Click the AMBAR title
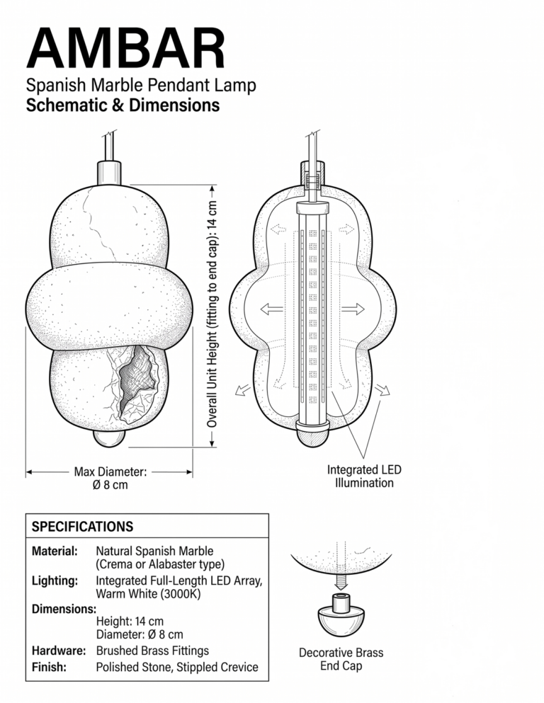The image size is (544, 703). (x=125, y=48)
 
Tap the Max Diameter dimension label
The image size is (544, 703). (x=110, y=478)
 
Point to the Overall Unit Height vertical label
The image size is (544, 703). (x=212, y=314)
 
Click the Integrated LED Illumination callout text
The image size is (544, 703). (x=364, y=476)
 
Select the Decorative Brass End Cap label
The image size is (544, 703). (x=341, y=659)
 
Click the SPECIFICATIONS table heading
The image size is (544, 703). (x=82, y=526)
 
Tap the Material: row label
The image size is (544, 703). (x=55, y=551)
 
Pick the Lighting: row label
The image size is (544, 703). (x=55, y=581)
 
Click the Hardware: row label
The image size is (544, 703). (x=59, y=651)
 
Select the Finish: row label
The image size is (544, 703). (x=49, y=667)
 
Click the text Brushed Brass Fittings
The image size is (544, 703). (x=152, y=651)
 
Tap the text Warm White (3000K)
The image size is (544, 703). (x=149, y=594)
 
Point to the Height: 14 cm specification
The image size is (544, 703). (x=130, y=622)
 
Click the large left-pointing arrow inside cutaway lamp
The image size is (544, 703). (x=272, y=309)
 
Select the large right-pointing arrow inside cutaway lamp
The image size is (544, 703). (x=353, y=309)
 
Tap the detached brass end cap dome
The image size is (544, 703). (x=341, y=620)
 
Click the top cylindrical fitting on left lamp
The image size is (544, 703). (x=109, y=173)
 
